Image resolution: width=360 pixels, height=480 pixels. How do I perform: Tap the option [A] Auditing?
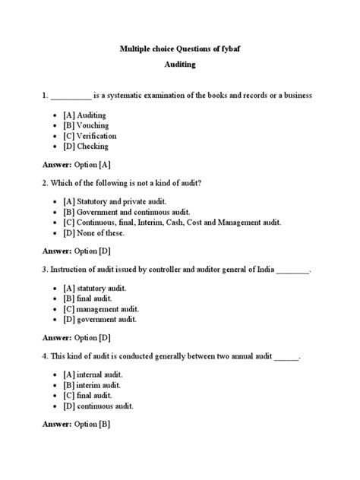point(86,114)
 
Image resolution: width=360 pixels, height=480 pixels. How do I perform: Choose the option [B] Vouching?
point(87,125)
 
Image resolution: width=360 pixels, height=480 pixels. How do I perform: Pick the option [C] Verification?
point(90,135)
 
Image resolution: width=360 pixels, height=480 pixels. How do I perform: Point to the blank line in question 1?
point(70,96)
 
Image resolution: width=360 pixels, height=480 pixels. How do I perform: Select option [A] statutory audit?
point(96,289)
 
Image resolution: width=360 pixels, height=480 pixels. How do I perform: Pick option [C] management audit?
point(101,310)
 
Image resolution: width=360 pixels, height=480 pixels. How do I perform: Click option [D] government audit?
point(99,321)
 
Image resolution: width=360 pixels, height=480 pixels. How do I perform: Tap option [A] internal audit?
point(93,375)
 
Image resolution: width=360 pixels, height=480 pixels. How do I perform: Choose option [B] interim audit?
point(93,385)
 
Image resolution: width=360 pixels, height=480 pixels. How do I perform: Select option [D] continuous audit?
point(99,406)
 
